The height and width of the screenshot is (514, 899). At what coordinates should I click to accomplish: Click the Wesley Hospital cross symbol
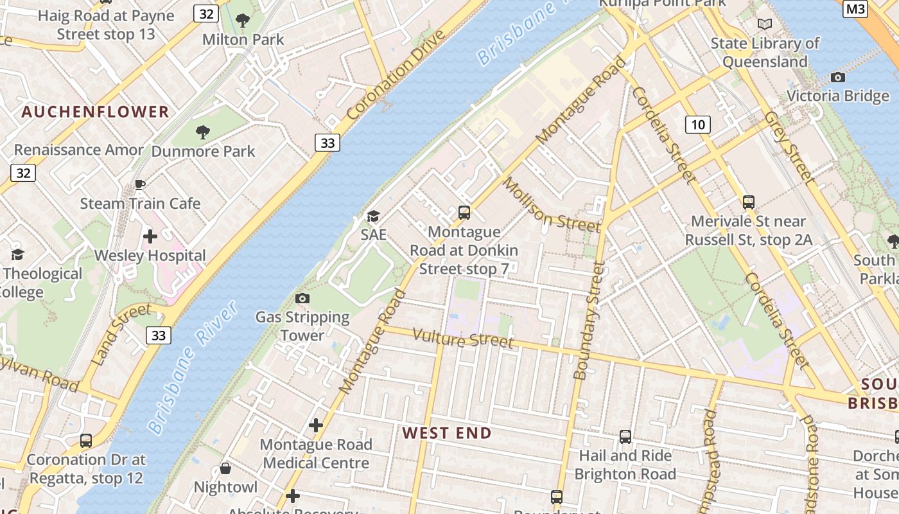[150, 236]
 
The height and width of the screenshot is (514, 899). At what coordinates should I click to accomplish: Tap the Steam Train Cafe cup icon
[140, 185]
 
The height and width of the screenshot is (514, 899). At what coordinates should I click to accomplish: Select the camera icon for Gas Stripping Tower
[302, 298]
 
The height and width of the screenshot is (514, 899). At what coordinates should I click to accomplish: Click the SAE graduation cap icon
[373, 216]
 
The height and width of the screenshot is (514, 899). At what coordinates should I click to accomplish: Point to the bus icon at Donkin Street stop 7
[464, 212]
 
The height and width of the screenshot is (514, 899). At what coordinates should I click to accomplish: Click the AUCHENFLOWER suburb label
[95, 112]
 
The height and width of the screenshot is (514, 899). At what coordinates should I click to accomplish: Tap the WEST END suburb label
[447, 433]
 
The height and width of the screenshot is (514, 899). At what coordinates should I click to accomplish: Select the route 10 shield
[697, 125]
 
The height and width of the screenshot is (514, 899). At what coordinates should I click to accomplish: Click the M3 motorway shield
[855, 8]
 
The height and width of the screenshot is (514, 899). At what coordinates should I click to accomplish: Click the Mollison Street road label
[551, 206]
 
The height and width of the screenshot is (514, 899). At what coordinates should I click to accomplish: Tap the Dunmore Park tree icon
[203, 132]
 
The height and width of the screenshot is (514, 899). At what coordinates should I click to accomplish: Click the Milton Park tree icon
[243, 21]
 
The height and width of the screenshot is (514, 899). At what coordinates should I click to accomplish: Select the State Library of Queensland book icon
[764, 24]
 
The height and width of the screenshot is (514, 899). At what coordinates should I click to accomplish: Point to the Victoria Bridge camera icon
[837, 78]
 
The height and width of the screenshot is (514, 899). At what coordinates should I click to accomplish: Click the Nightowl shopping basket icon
[225, 468]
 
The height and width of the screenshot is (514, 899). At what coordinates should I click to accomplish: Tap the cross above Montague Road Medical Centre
[315, 425]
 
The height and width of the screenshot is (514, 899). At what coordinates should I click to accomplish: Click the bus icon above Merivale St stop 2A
[748, 202]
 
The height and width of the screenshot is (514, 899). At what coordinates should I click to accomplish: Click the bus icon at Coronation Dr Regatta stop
[86, 441]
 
